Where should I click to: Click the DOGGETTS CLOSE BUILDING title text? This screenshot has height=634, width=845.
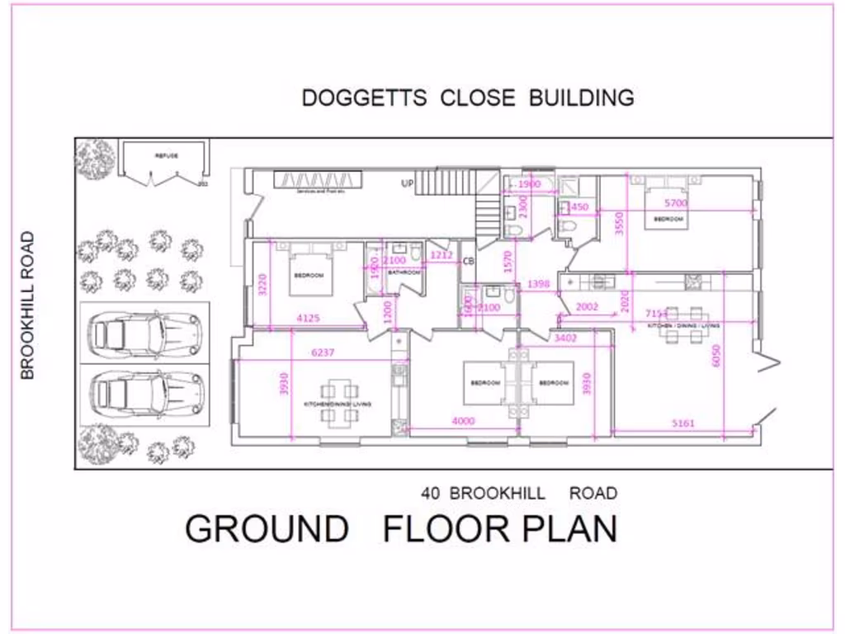tap(468, 97)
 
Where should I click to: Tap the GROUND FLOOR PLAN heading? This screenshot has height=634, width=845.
tap(401, 528)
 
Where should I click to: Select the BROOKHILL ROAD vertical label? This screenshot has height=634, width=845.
tap(28, 305)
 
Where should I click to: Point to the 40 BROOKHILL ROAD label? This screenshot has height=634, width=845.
tap(518, 494)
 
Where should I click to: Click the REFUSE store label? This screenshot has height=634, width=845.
tap(167, 155)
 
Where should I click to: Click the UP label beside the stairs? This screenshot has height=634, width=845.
tap(407, 183)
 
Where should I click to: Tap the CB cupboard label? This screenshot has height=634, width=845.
tap(468, 261)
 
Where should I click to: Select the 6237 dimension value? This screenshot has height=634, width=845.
tap(323, 352)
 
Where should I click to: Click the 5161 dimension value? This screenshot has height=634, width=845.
tap(683, 423)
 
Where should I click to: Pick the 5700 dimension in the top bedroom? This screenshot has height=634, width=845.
tap(675, 202)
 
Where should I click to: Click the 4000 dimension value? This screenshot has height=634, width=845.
tap(463, 421)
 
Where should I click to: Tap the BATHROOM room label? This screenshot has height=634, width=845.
tap(404, 272)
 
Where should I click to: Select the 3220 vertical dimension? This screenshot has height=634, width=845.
tap(262, 284)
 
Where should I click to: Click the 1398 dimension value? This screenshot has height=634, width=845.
tap(538, 285)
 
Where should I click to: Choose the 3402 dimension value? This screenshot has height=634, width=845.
tap(565, 337)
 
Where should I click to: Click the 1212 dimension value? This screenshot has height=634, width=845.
tap(441, 256)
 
